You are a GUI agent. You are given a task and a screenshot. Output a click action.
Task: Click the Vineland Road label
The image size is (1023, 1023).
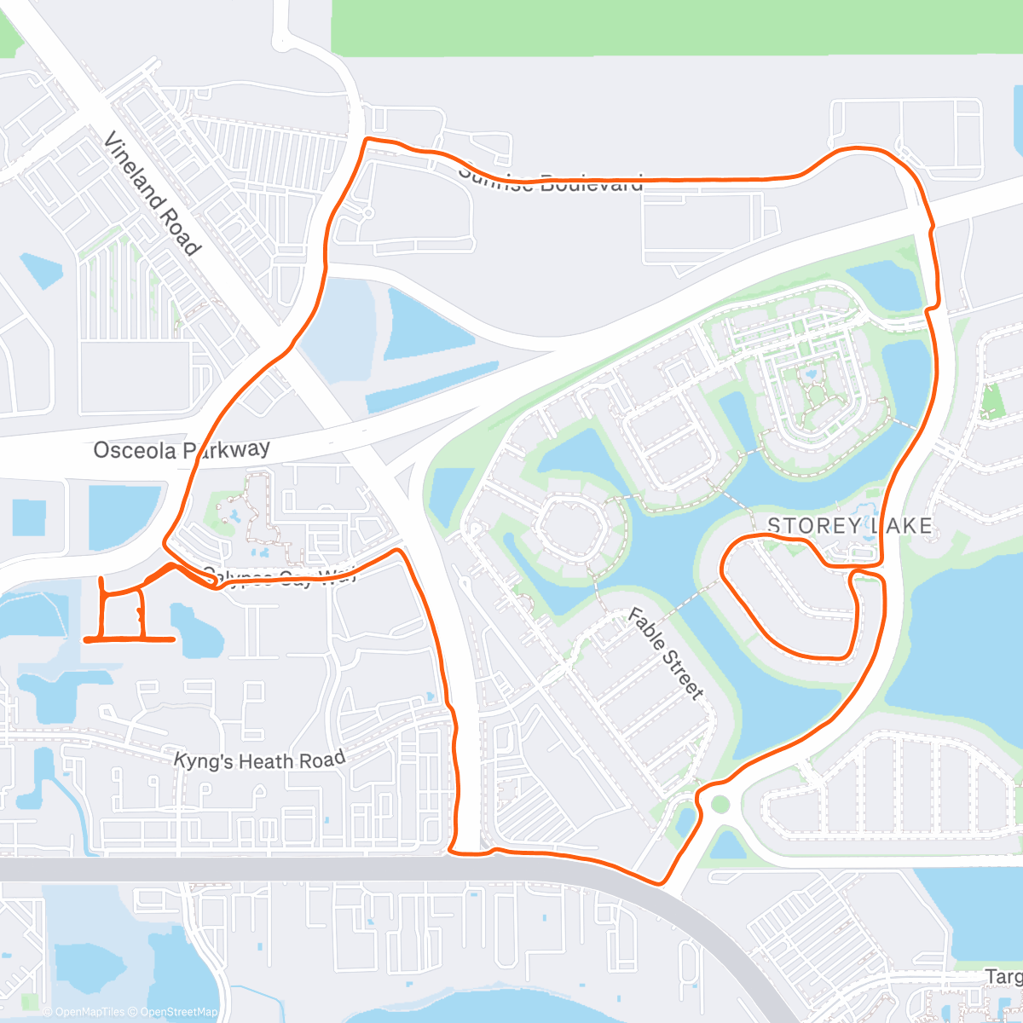point(152,194)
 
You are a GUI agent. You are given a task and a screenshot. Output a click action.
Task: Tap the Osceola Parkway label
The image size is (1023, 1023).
point(182,449)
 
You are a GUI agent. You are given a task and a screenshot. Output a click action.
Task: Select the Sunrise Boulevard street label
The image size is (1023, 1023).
point(551,180)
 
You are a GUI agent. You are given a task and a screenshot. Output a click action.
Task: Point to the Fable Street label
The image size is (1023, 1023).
point(666,653)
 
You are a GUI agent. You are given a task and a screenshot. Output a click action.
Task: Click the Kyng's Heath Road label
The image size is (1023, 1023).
point(259,760)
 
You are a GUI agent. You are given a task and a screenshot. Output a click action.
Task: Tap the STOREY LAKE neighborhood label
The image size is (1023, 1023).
point(849,526)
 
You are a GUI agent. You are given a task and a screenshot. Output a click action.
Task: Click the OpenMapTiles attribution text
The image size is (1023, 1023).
point(89,1012)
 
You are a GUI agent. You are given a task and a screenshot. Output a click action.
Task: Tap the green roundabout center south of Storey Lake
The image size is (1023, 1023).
point(720,804)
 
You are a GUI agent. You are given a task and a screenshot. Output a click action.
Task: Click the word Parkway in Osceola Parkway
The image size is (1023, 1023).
point(227,448)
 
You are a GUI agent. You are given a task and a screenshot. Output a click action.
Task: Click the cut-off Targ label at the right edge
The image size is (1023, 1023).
point(1003,976)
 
